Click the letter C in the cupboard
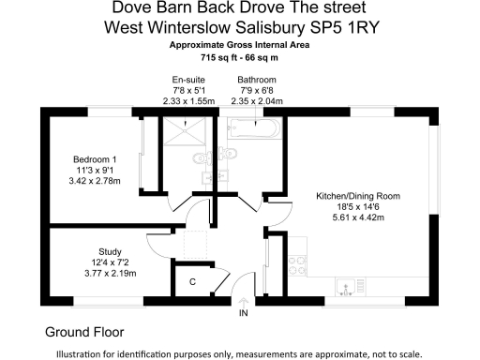point(192,281)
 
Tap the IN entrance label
point(244,311)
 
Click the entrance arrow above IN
point(244,300)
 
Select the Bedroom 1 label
point(96,158)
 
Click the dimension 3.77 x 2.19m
point(109,274)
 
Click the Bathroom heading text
point(256,80)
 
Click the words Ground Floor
point(84,332)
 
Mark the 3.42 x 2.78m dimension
point(96,180)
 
